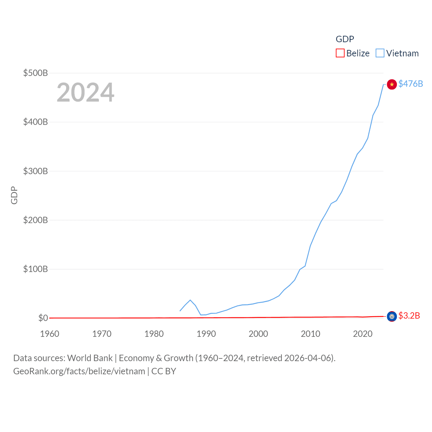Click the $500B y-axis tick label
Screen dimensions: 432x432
[35, 73]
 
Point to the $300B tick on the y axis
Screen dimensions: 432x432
[35, 171]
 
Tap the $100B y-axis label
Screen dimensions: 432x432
[35, 269]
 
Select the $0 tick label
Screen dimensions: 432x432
[43, 318]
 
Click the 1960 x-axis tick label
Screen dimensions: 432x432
[50, 334]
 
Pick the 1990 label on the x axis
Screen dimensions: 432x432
[206, 334]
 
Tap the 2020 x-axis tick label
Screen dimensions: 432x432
[363, 334]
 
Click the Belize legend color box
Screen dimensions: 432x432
[340, 53]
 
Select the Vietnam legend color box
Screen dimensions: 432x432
[380, 53]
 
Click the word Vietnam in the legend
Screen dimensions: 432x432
[402, 53]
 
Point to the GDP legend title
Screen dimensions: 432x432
[345, 39]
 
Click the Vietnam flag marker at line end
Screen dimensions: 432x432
[391, 84]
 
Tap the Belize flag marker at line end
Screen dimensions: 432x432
[391, 316]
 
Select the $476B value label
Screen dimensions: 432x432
[411, 84]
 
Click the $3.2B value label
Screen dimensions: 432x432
[409, 316]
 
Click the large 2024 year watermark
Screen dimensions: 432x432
[85, 92]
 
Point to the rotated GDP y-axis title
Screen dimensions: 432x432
[14, 195]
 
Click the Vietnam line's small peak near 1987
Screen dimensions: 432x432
[190, 300]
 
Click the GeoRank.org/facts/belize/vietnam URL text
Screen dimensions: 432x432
[79, 371]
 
